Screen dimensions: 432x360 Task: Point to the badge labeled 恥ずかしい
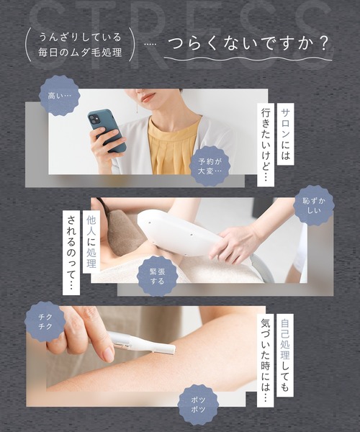(314, 204)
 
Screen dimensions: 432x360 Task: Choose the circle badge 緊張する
(157, 274)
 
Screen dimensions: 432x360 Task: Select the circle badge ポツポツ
(197, 403)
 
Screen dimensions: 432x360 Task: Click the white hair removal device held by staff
(176, 230)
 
